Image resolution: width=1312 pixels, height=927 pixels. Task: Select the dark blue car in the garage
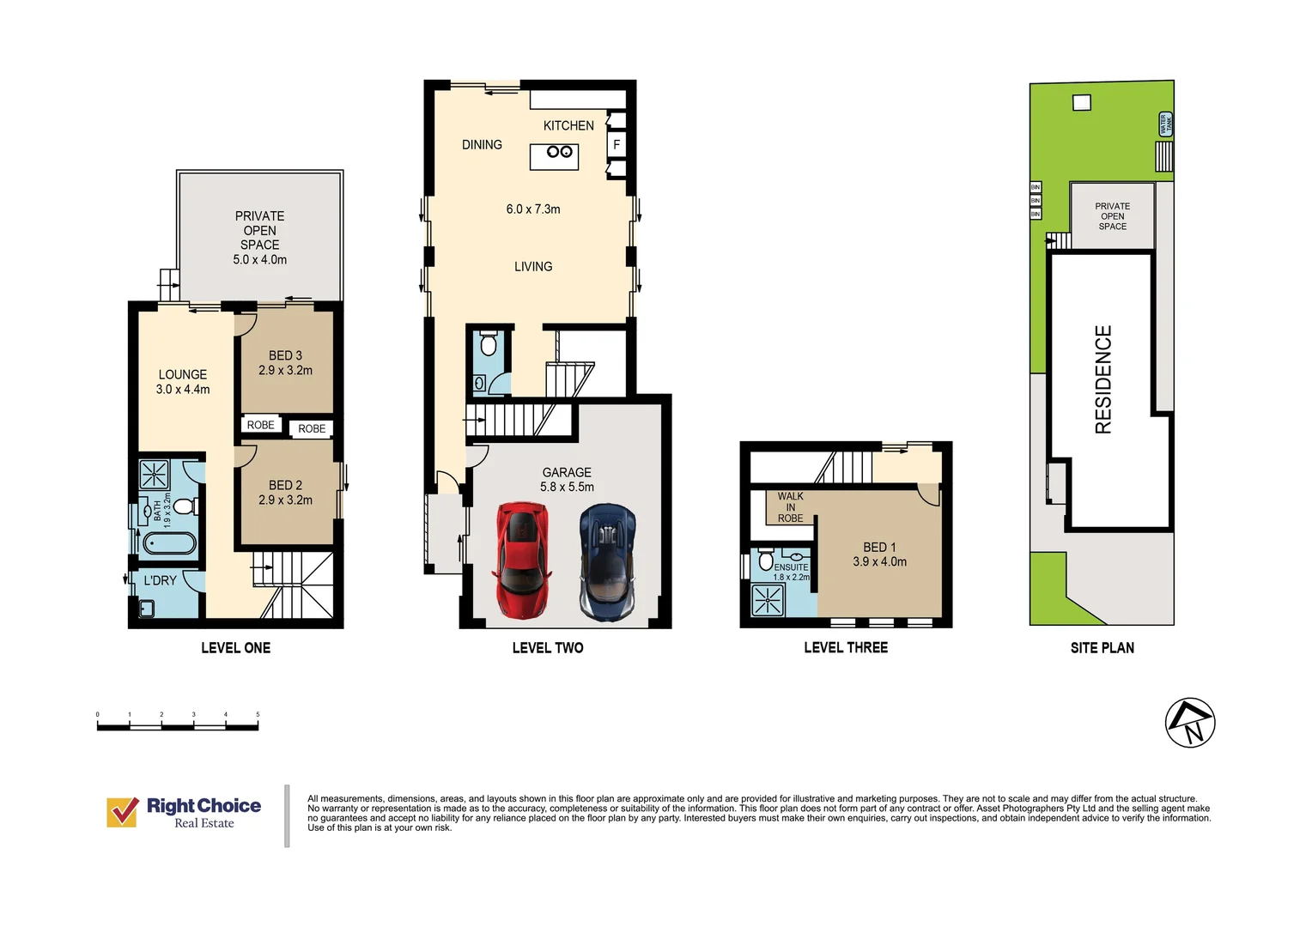608,562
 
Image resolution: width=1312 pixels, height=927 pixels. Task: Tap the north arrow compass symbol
1189,723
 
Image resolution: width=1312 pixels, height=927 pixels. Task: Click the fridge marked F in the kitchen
617,145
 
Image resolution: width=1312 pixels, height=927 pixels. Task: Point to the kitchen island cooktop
559,152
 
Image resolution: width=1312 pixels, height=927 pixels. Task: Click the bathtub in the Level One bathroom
169,543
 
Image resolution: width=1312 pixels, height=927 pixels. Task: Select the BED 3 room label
285,355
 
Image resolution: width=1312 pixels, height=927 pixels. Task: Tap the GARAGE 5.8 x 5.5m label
567,480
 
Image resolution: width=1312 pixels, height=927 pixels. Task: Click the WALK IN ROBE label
790,507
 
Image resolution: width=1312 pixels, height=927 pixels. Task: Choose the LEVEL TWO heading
548,648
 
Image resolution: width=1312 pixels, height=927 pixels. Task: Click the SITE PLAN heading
1102,648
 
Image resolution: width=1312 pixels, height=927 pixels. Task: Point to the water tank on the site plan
1165,124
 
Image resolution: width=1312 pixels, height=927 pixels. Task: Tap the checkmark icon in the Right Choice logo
122,812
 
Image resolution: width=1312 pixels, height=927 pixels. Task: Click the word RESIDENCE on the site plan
1103,379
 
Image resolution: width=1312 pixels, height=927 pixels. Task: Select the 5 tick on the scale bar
258,714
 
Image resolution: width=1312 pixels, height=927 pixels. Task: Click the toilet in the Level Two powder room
489,344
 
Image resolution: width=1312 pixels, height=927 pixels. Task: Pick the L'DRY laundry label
160,581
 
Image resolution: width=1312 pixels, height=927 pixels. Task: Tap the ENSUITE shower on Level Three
768,600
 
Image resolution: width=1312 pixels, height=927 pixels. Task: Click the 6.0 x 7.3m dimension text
533,209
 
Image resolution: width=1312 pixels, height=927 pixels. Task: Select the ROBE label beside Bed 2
312,429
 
